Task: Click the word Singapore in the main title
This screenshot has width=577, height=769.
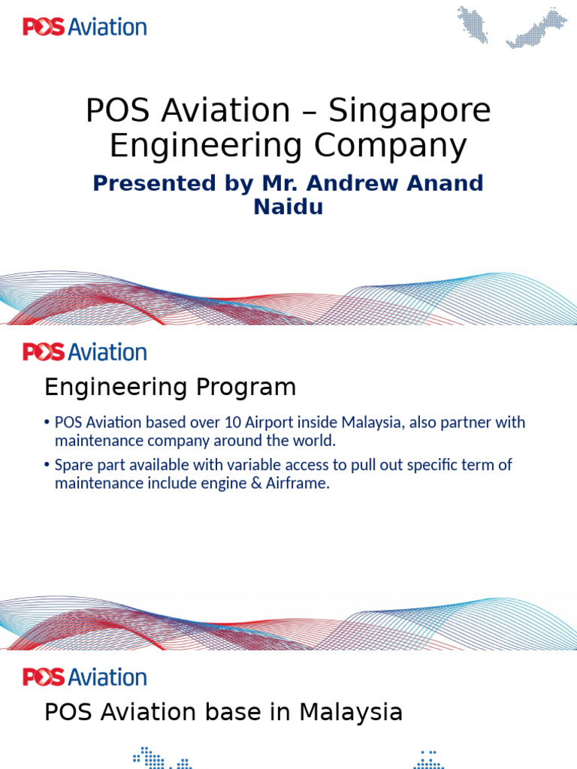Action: click(x=410, y=111)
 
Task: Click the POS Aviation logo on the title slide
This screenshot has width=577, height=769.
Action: click(x=84, y=28)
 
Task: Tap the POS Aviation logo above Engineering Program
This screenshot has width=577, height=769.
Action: click(x=84, y=352)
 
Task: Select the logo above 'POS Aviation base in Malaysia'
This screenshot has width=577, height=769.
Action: click(x=84, y=677)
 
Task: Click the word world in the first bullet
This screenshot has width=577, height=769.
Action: click(x=316, y=441)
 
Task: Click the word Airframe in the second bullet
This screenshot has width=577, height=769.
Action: click(x=298, y=483)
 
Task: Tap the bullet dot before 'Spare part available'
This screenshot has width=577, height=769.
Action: click(x=47, y=466)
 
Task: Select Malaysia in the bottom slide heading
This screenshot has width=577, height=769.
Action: click(x=351, y=712)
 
